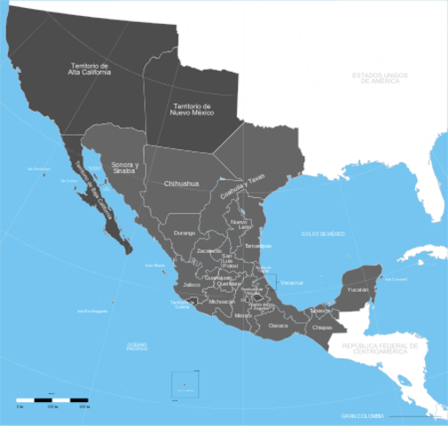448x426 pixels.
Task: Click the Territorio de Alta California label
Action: point(91,69)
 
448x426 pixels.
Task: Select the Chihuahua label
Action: point(182,184)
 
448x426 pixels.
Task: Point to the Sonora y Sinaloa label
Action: point(124,168)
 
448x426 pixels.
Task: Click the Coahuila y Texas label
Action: point(243,189)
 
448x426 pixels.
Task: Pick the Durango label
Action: point(185,233)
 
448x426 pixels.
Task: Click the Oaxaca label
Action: point(279,326)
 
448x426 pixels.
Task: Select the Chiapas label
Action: point(323,327)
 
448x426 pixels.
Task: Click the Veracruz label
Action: point(291,282)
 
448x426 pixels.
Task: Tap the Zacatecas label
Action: point(209,251)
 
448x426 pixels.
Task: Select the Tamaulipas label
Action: point(258,246)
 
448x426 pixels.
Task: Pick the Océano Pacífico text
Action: point(138,346)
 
